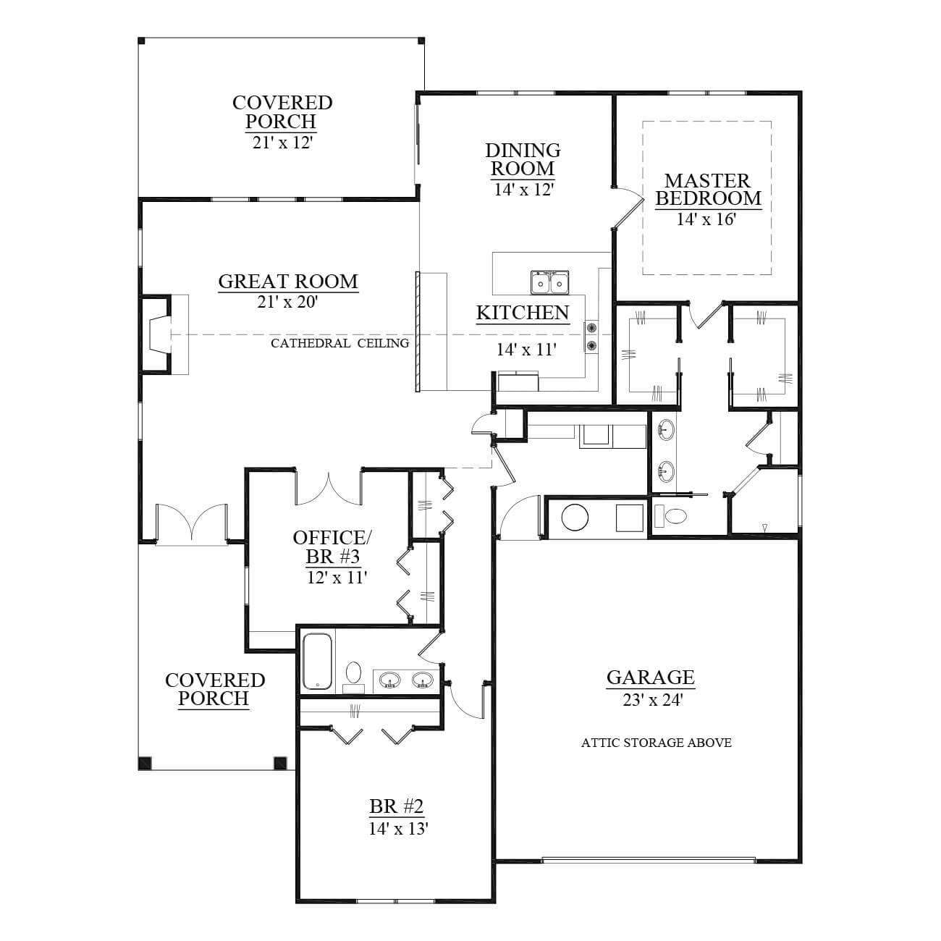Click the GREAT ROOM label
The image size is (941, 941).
[x=288, y=282]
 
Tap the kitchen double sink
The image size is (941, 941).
[x=550, y=282]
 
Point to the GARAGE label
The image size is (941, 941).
[x=651, y=678]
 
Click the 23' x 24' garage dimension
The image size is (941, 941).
[x=652, y=700]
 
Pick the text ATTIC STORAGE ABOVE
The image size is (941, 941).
[x=657, y=743]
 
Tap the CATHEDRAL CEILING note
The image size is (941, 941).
[x=340, y=343]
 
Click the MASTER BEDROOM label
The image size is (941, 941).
[x=708, y=190]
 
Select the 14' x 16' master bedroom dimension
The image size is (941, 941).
[x=706, y=219]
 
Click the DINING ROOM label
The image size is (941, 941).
[x=523, y=159]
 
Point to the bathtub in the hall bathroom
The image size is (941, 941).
[x=317, y=661]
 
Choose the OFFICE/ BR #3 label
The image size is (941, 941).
[x=332, y=547]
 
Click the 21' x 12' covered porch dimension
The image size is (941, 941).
[x=282, y=142]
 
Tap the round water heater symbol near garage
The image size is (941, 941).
[x=575, y=516]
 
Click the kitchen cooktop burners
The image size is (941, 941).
[x=591, y=336]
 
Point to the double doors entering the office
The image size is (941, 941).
[x=329, y=489]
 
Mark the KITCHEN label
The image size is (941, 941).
[x=523, y=313]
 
